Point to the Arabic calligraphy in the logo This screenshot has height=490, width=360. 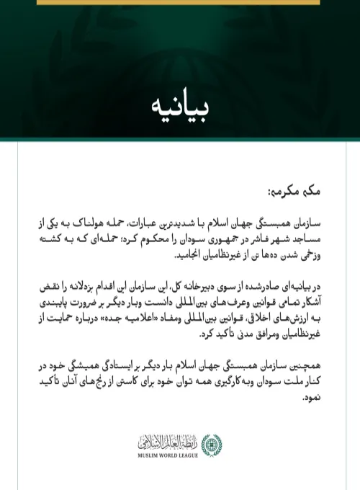172,441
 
